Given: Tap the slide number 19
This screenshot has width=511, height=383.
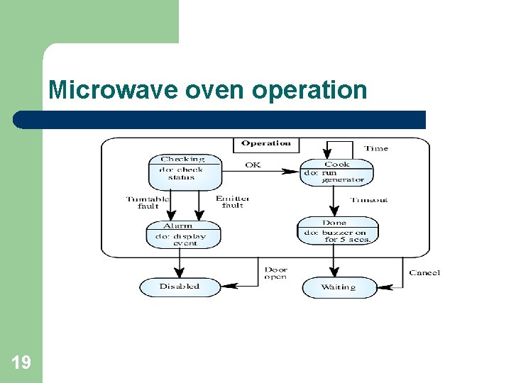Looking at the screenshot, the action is (x=21, y=363).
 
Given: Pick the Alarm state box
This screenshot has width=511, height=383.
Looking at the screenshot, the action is (x=183, y=235).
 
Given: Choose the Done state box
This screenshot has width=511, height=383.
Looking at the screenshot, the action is (x=337, y=231).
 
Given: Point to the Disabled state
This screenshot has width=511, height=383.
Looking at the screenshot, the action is (x=180, y=287).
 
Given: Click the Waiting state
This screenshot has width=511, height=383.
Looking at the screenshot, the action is (x=339, y=287).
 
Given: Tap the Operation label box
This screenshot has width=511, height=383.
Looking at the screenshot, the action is (x=266, y=144).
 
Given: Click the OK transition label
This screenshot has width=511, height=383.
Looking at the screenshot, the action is (x=253, y=165).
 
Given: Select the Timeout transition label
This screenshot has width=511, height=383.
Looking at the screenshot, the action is (x=370, y=201).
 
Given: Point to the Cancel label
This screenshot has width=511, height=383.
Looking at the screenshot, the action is (x=424, y=273).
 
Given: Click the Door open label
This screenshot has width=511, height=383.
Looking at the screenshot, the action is (x=276, y=273).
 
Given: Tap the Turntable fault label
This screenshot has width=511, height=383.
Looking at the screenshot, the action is (x=147, y=202).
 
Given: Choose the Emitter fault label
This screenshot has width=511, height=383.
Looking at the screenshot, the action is (x=232, y=202).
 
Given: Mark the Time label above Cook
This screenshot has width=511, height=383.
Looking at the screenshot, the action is (x=376, y=149).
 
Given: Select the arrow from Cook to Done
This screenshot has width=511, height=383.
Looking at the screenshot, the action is (x=333, y=201).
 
